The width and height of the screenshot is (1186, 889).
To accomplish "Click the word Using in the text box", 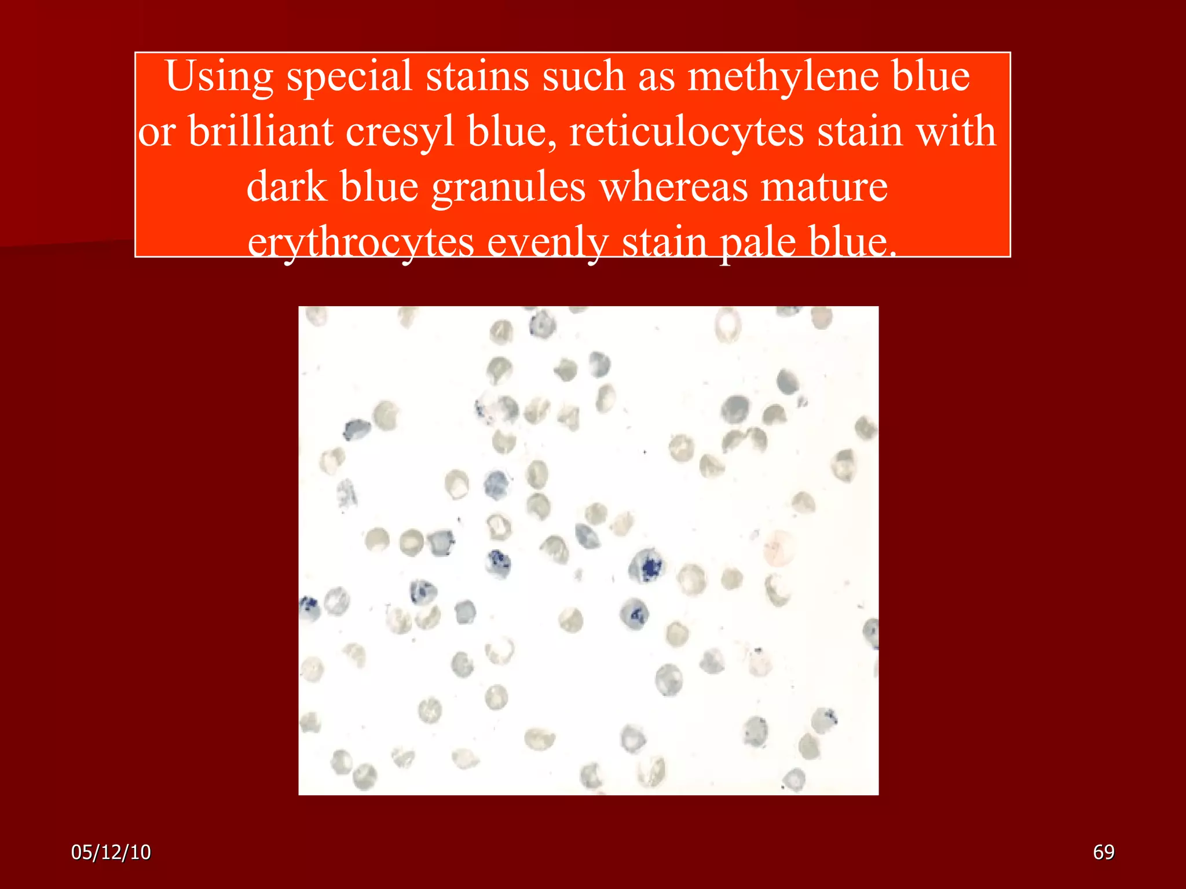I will click(219, 77).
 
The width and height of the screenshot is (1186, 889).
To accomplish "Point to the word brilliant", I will click(261, 132).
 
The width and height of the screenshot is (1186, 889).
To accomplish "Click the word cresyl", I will click(400, 132).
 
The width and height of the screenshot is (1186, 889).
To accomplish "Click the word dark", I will click(286, 187).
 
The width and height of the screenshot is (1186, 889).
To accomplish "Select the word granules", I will click(508, 187).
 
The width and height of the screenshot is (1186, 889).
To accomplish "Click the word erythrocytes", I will click(360, 242).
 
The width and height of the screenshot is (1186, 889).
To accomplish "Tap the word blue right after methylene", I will click(930, 77).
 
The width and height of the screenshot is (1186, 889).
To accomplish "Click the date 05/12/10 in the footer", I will click(111, 853).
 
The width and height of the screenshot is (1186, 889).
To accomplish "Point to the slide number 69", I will click(1104, 853).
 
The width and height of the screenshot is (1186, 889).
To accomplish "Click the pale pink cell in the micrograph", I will click(779, 547).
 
